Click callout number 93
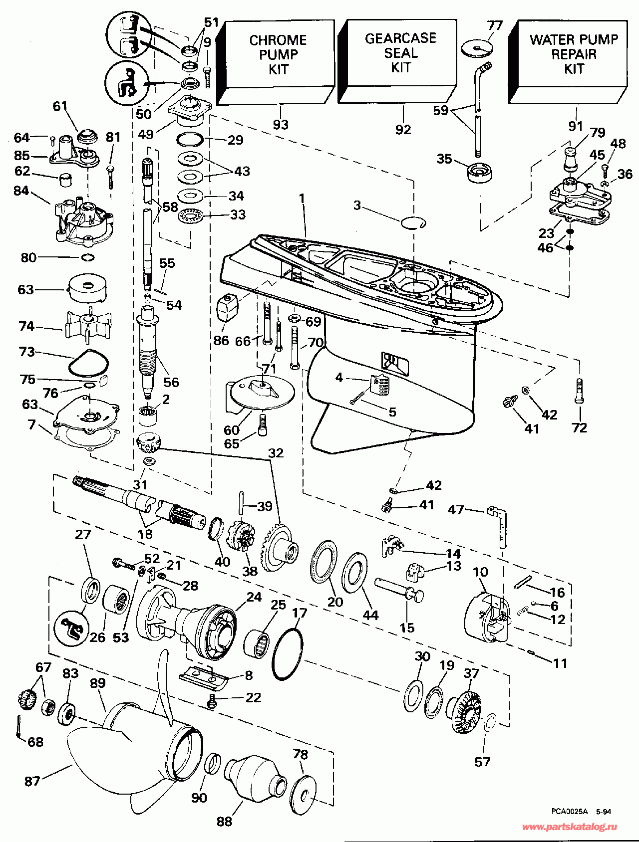(281, 125)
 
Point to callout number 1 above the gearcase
(302, 198)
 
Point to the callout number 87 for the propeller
(32, 781)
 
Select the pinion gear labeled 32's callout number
(276, 453)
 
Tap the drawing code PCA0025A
(570, 812)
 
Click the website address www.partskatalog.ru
(569, 827)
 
